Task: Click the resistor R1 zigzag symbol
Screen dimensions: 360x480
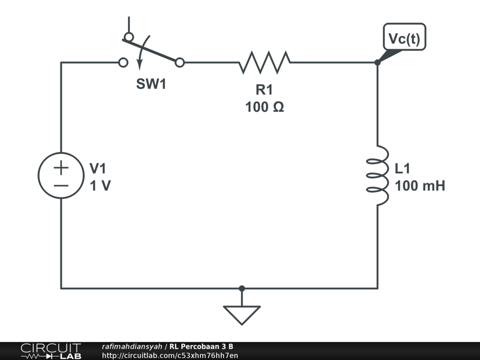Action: click(264, 62)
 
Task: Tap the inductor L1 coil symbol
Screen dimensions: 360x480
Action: click(378, 175)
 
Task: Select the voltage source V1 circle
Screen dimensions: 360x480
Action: click(60, 175)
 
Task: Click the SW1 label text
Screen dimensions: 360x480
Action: click(151, 85)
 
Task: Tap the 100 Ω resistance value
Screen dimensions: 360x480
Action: click(264, 107)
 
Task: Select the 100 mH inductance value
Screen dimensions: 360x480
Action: click(420, 186)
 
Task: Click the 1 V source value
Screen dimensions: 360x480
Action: click(100, 186)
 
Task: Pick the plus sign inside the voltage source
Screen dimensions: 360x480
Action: click(61, 167)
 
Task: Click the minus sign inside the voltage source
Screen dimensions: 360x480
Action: click(61, 185)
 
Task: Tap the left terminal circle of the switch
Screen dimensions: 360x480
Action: click(123, 62)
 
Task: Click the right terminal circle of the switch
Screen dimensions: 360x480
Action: click(180, 62)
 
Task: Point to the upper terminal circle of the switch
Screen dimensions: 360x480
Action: click(128, 37)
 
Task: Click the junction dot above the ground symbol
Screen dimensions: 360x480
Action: click(241, 288)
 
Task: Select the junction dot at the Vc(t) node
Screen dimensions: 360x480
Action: click(377, 62)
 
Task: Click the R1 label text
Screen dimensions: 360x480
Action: click(264, 90)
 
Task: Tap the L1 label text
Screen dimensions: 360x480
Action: click(403, 169)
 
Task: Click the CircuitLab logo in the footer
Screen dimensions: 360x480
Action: click(51, 351)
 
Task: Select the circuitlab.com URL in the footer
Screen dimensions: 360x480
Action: click(170, 355)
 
